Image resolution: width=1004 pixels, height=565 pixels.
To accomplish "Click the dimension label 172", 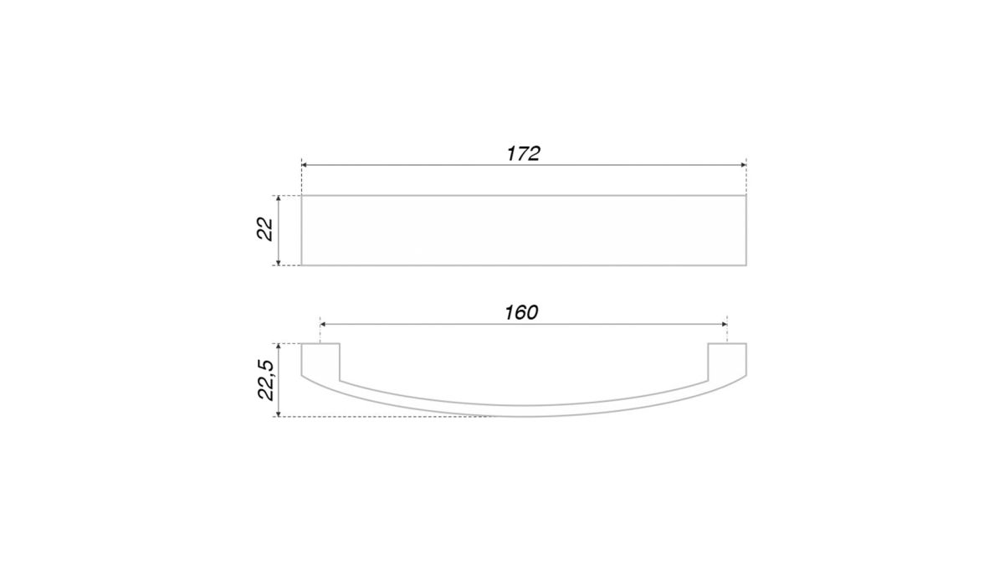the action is coord(524,153).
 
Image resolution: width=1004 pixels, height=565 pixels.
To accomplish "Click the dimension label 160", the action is coord(521,312).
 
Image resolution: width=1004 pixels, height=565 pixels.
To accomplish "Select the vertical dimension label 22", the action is coord(265,229).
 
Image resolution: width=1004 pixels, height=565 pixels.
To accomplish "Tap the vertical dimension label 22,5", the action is coord(266,380).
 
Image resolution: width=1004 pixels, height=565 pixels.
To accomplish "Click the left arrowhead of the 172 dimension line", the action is coord(304,165).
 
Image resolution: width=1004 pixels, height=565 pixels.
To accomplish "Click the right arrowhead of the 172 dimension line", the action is coord(744,165).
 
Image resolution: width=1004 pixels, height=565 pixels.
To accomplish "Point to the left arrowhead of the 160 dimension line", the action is coord(323,324).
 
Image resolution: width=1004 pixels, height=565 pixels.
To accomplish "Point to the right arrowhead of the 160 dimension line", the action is coord(725,324).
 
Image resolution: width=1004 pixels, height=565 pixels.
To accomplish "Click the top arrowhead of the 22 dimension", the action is coord(279,198).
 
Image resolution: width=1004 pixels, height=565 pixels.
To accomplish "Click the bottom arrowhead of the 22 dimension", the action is coord(279,263).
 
